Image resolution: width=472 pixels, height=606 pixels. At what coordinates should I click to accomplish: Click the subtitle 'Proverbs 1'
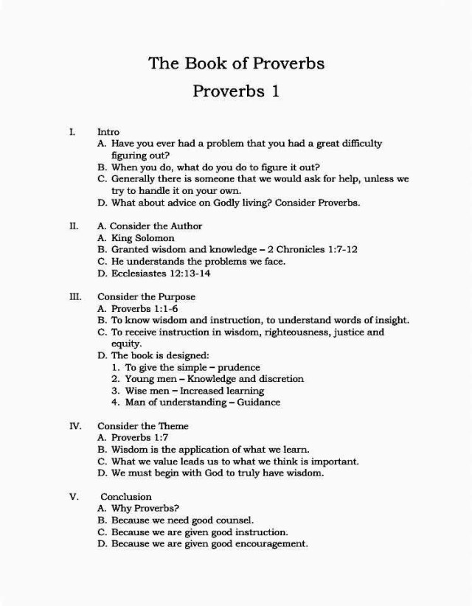tap(236, 91)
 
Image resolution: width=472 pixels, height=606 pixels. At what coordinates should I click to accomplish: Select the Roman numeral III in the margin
tap(74, 297)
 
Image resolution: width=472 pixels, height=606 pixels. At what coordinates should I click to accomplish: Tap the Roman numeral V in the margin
tap(74, 497)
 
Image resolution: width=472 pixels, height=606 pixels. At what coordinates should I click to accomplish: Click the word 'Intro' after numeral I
tap(108, 132)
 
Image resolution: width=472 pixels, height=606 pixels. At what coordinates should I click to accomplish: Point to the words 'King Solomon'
tap(143, 238)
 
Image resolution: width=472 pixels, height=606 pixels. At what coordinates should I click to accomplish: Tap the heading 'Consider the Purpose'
tap(147, 297)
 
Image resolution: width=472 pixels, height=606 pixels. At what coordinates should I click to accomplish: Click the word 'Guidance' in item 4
tap(258, 403)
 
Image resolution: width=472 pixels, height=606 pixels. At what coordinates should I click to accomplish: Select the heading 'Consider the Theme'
tap(143, 426)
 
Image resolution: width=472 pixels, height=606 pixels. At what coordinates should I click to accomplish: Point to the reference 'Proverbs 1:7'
tap(139, 437)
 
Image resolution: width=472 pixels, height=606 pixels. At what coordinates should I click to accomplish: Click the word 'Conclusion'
tap(126, 497)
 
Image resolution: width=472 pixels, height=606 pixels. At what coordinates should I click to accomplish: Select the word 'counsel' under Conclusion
tap(233, 520)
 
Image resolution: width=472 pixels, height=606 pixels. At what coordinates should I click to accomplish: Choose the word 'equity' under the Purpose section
tap(126, 344)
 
